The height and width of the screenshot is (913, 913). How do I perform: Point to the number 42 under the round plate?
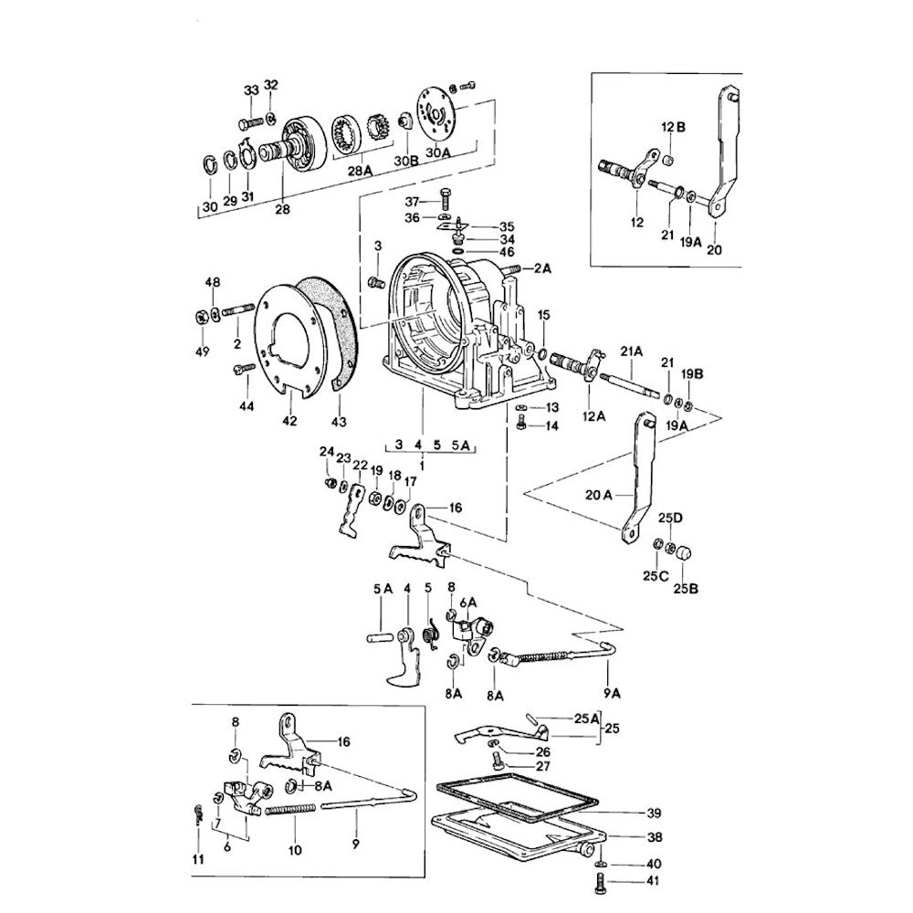289,421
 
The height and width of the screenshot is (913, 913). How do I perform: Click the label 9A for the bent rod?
611,692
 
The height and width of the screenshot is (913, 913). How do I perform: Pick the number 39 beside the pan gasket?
653,813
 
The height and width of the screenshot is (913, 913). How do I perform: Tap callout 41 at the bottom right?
652,881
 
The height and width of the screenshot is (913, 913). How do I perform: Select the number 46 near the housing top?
506,250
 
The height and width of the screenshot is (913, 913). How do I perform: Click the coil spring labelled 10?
290,808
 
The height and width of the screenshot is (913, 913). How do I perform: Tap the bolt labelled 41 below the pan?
599,882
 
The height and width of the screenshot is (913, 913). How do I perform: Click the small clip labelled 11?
198,812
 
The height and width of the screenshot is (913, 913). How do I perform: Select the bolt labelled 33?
246,122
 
